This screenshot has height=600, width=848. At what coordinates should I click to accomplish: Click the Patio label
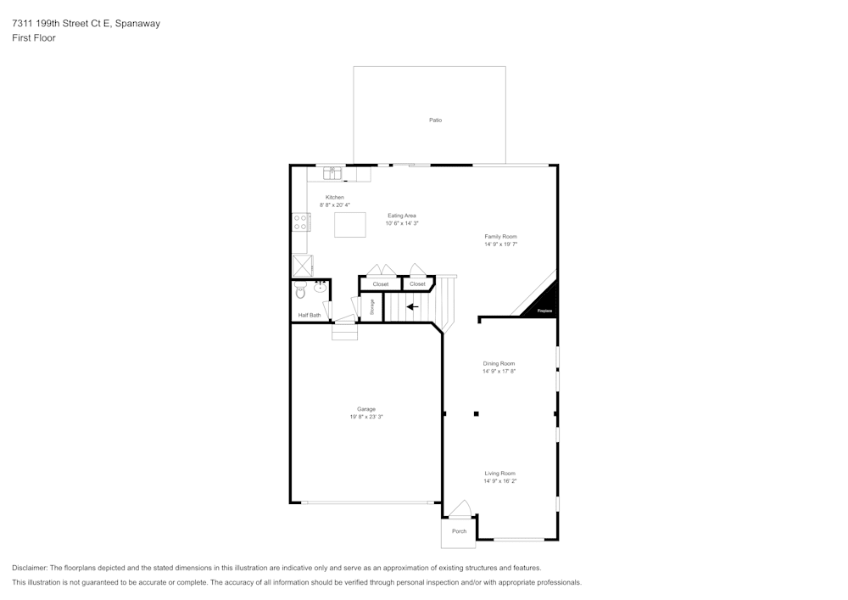(x=435, y=121)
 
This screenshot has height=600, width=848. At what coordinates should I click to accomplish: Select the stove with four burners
(x=300, y=222)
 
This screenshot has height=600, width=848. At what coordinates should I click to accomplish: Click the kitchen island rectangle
(x=351, y=225)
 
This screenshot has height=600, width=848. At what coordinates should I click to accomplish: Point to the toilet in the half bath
(x=300, y=293)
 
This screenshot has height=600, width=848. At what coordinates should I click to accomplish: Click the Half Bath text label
(x=310, y=316)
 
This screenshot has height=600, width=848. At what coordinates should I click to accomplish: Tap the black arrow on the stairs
(x=413, y=307)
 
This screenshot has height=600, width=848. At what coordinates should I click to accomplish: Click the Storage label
(x=371, y=307)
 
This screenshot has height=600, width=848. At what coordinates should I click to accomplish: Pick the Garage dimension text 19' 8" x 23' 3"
(x=366, y=417)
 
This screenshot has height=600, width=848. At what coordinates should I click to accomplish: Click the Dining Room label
(x=499, y=363)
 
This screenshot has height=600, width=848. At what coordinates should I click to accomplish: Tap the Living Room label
(x=499, y=474)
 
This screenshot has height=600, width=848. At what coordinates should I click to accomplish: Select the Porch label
(x=459, y=531)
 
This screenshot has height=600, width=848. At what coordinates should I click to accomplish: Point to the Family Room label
(x=500, y=237)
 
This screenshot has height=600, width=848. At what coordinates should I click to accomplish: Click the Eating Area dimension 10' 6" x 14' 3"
(x=402, y=223)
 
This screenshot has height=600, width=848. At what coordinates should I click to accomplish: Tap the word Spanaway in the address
(x=137, y=24)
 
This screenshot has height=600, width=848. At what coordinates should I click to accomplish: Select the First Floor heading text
(x=34, y=38)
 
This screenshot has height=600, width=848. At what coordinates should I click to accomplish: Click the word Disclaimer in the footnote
(x=30, y=568)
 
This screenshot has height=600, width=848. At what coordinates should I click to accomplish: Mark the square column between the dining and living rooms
(x=477, y=414)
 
